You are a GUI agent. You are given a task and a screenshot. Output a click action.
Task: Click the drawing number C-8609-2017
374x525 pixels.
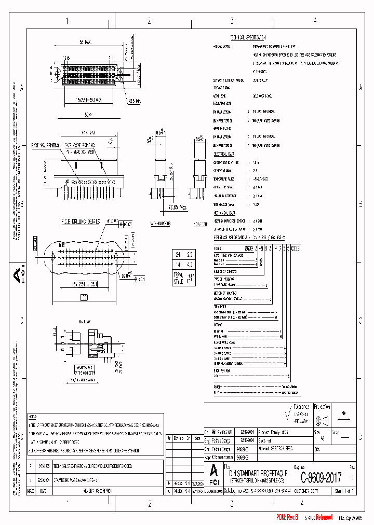point(320,477)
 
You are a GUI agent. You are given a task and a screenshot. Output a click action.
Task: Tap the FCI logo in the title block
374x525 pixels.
point(213,474)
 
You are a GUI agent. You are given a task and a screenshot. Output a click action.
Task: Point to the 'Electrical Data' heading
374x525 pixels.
point(224,154)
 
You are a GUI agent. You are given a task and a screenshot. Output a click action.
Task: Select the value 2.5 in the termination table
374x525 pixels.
point(190,255)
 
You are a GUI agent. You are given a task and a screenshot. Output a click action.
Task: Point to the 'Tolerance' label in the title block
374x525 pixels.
point(301,407)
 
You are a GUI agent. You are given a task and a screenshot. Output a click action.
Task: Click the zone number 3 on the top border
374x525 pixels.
point(232,21)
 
